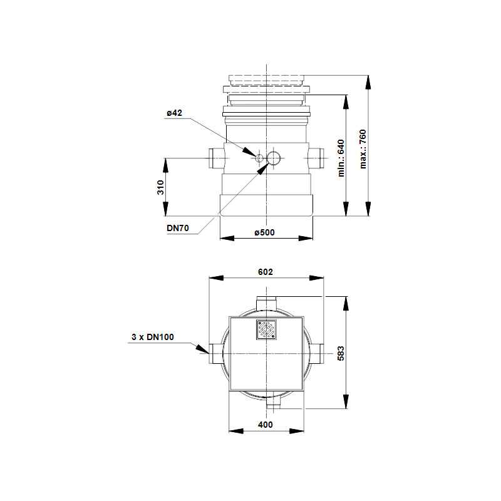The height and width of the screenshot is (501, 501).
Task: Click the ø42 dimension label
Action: point(174,113)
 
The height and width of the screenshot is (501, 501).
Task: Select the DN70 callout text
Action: point(178,228)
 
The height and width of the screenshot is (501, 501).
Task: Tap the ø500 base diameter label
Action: point(264,232)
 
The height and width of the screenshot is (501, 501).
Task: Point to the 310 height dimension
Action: point(160,187)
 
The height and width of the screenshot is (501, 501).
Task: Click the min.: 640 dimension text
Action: point(341,158)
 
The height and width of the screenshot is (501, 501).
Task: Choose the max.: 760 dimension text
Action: point(363,149)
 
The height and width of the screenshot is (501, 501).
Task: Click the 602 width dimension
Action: point(266,272)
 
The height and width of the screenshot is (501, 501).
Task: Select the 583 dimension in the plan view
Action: point(341,353)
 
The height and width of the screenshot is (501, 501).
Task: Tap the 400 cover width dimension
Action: point(266,425)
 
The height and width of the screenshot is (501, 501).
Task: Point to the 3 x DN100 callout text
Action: point(153,337)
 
